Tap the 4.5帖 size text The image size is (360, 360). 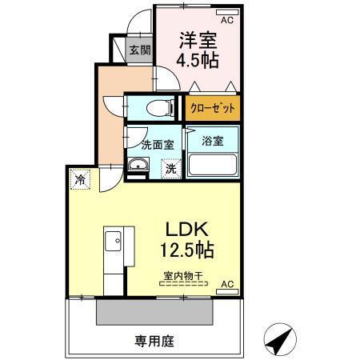[x=198, y=62]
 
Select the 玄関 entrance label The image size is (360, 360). [x=139, y=50]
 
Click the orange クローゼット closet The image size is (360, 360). [x=212, y=106]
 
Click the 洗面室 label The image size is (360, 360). [x=157, y=146]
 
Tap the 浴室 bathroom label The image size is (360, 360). [x=213, y=141]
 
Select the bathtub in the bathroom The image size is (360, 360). [x=213, y=166]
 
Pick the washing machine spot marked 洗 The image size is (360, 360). [x=171, y=168]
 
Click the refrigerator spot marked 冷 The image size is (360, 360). [x=80, y=180]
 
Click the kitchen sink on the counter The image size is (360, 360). [x=113, y=238]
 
